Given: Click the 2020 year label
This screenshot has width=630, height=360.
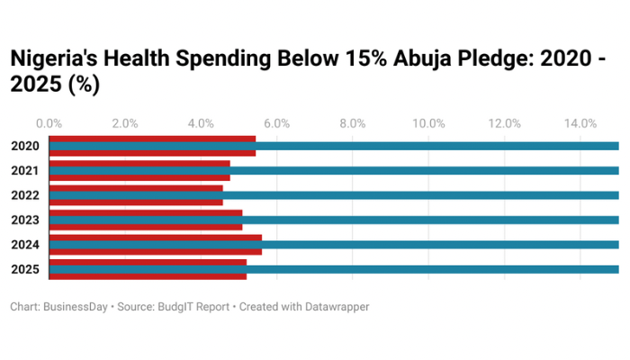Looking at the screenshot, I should pyautogui.click(x=24, y=146).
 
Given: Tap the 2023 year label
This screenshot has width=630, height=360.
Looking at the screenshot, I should pyautogui.click(x=24, y=220).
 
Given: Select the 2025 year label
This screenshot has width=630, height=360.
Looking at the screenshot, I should pyautogui.click(x=24, y=269).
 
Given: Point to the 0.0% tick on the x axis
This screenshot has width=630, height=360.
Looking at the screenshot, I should pyautogui.click(x=49, y=123).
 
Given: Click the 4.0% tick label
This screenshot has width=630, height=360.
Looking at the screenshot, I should pyautogui.click(x=201, y=123).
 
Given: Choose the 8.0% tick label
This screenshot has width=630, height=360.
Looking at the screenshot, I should pyautogui.click(x=352, y=123).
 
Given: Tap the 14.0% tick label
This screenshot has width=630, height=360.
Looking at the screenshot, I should pyautogui.click(x=580, y=123).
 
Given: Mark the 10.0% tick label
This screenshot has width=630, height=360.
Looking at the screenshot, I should pyautogui.click(x=428, y=123).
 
